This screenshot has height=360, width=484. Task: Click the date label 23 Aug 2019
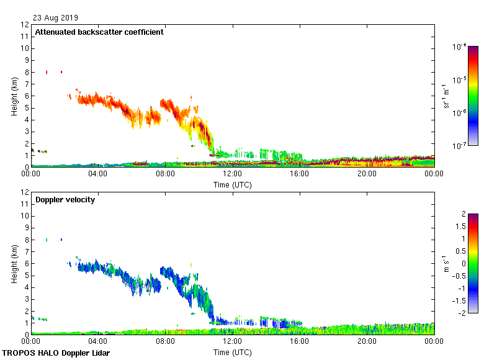tap(56, 18)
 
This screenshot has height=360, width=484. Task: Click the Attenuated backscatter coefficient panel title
tap(99, 32)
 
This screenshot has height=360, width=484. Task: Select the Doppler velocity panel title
tap(65, 200)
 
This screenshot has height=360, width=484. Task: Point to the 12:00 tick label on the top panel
tap(232, 174)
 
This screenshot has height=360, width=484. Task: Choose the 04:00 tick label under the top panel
tap(98, 174)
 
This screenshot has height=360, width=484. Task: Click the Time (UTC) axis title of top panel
tap(233, 184)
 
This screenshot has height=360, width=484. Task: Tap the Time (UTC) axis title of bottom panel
tap(233, 352)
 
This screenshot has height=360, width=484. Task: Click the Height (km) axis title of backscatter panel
tap(14, 96)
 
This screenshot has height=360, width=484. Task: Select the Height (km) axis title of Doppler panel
tap(14, 264)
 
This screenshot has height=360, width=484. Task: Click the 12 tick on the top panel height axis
tap(25, 25)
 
